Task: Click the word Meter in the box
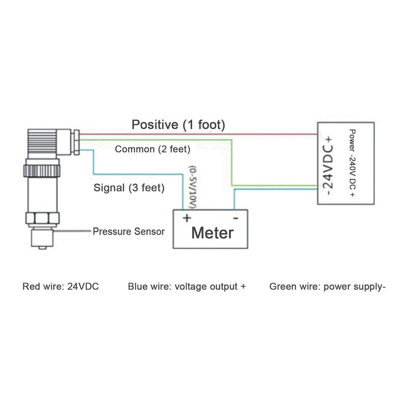[x=212, y=233]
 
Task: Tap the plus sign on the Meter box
[x=187, y=218]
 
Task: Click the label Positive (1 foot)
[x=178, y=124]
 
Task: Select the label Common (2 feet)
[x=152, y=150]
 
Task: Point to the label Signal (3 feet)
[x=129, y=188]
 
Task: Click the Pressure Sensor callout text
[x=129, y=232]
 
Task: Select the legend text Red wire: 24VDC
[x=61, y=287]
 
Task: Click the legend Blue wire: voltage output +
[x=187, y=287]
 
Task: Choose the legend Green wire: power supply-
[x=327, y=287]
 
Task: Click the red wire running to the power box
[x=204, y=135]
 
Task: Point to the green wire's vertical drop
[x=232, y=163]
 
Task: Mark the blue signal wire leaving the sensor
[x=93, y=161]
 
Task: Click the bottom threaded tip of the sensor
[x=41, y=239]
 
